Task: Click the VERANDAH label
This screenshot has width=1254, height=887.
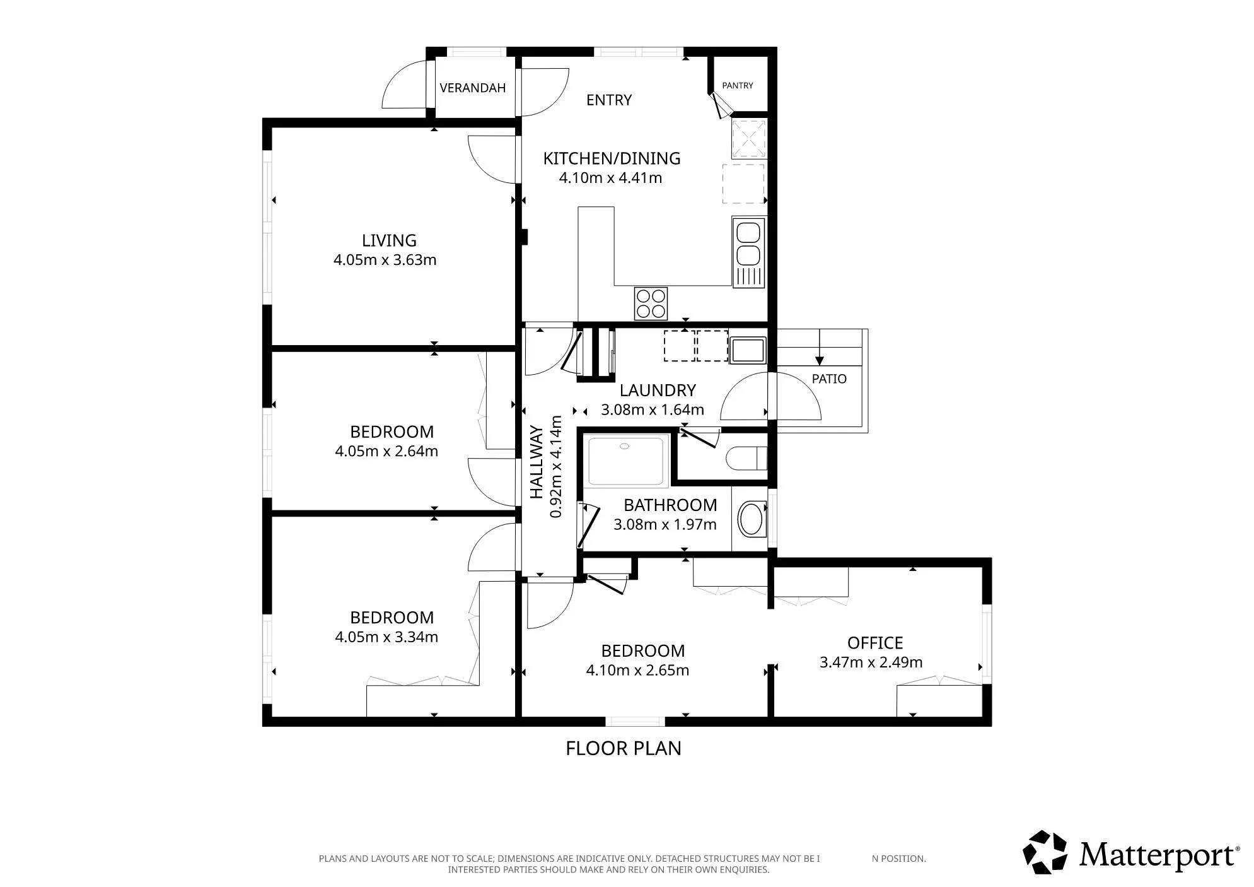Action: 473,88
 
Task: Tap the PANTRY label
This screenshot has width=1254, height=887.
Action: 738,85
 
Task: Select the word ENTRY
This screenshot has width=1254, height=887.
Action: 609,100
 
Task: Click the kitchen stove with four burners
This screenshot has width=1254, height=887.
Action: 651,303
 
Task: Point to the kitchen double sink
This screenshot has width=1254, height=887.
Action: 748,252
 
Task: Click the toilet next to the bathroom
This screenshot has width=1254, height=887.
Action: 746,458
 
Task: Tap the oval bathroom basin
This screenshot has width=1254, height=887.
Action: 751,519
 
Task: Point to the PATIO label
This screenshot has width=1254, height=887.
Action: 829,379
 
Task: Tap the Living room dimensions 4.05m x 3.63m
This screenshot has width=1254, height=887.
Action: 385,260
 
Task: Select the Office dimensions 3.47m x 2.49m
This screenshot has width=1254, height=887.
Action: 871,662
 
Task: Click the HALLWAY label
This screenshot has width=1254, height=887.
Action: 536,462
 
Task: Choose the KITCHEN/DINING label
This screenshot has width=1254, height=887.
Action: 612,158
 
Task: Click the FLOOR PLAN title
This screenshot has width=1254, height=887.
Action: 624,748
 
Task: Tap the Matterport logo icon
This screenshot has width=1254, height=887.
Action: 1045,852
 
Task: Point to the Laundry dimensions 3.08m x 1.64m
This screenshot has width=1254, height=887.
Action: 653,410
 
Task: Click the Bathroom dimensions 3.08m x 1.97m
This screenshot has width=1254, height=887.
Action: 665,524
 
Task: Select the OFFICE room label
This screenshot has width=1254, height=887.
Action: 875,643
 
